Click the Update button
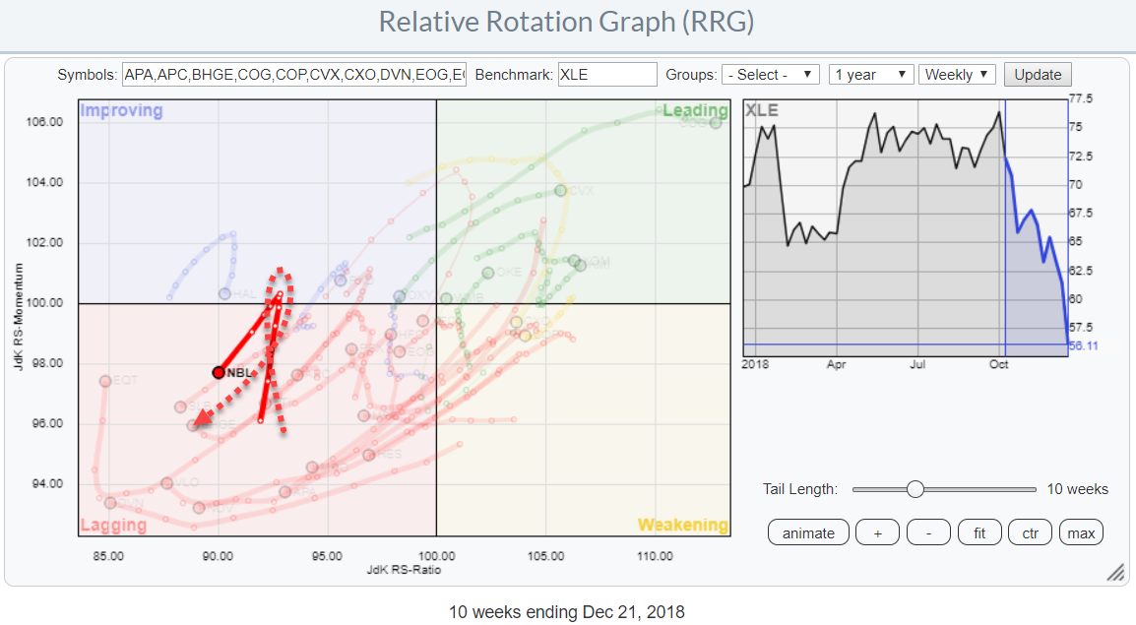coord(1038,75)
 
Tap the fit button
coord(980,533)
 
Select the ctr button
coord(1030,533)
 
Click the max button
coord(1081,533)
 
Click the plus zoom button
coord(877,533)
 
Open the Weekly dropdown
coord(957,75)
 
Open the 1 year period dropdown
coord(870,75)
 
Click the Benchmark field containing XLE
coord(606,75)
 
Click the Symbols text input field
coord(293,75)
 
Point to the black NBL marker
coord(219,372)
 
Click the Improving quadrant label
coord(121,110)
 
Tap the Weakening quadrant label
coord(683,525)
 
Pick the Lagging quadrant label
coord(113,525)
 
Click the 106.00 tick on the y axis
coord(43,122)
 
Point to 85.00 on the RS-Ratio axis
coord(108,556)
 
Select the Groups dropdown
coord(770,75)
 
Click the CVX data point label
coord(582,191)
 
